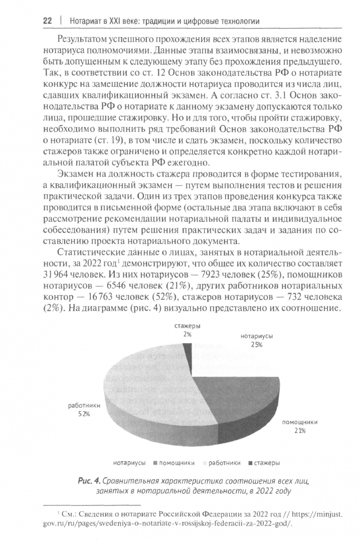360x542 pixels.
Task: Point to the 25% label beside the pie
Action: click(x=257, y=345)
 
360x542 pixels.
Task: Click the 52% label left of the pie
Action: click(x=83, y=414)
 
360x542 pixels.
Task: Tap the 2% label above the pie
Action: click(x=188, y=334)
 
